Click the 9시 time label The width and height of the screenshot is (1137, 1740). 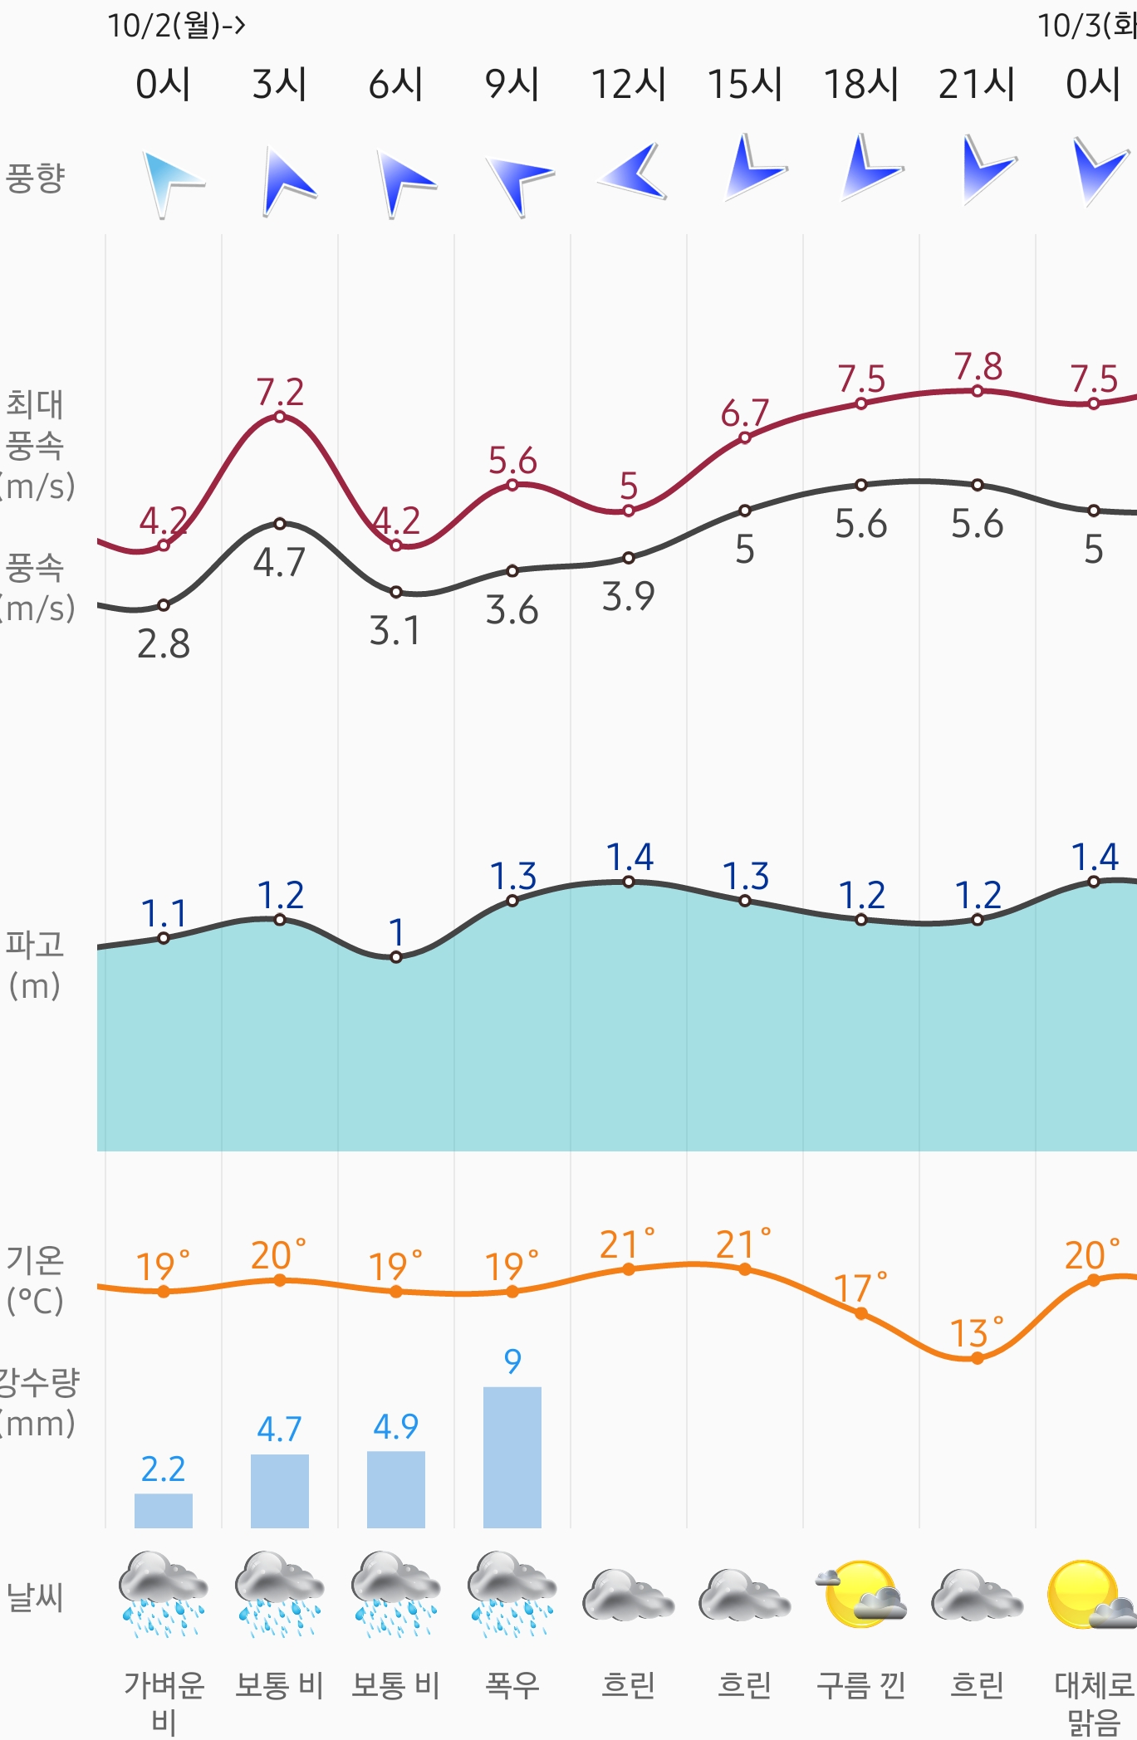click(512, 84)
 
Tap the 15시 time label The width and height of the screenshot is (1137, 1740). click(744, 84)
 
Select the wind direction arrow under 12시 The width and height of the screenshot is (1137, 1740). click(634, 172)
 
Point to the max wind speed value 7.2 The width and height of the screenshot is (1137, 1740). click(280, 392)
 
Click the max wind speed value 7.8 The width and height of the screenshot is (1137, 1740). click(978, 366)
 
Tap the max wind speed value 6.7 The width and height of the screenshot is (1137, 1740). click(745, 413)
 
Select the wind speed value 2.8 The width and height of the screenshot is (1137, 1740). click(164, 643)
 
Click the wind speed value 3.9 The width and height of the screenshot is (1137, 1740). click(629, 596)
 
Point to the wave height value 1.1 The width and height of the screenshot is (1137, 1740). click(164, 913)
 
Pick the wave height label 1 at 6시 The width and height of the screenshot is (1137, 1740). click(396, 932)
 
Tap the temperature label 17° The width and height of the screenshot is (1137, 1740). click(860, 1288)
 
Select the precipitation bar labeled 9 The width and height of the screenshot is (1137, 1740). click(512, 1457)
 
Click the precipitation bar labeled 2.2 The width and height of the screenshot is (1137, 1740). click(164, 1510)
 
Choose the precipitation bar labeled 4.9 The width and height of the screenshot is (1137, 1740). click(396, 1489)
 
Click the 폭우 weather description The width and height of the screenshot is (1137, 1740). click(512, 1685)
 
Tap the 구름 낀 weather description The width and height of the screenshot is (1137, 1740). click(860, 1685)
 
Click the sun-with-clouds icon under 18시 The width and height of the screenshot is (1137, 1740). click(861, 1594)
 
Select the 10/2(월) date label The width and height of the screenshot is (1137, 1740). click(176, 26)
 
